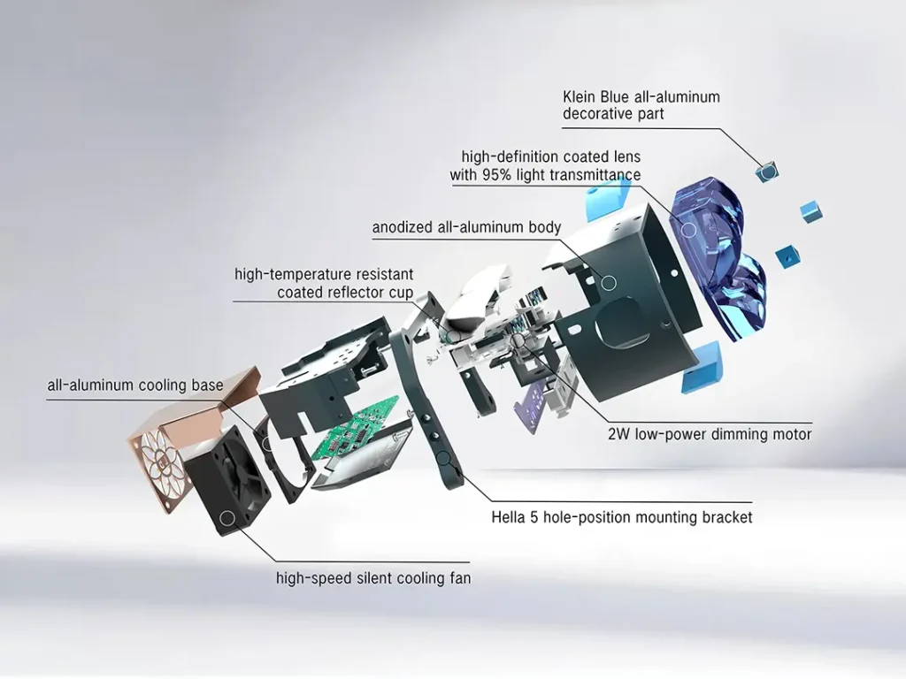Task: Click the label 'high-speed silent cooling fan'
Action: pos(373,579)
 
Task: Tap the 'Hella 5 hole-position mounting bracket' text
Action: pos(622,517)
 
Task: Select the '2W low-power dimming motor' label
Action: pos(710,434)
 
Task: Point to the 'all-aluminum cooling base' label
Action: pos(135,385)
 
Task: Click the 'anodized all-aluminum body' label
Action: pos(466,227)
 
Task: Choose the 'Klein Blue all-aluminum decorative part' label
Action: pos(641,104)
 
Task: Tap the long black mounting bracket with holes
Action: pos(429,407)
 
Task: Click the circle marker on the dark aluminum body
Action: pos(609,282)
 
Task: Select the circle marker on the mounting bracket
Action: pos(442,458)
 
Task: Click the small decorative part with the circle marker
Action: pos(766,171)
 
